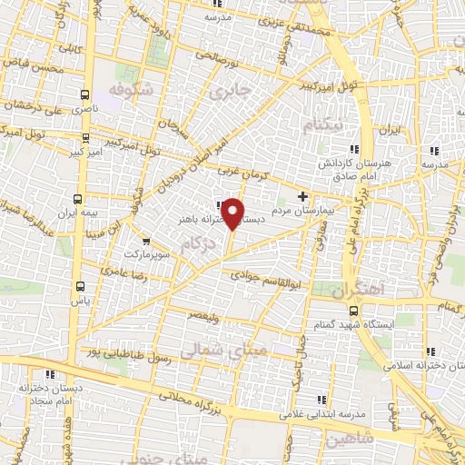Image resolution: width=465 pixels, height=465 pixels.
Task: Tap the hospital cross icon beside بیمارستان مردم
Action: (x=302, y=196)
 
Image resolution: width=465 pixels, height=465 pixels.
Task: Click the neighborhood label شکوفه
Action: (x=127, y=91)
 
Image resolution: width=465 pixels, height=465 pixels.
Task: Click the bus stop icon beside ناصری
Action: (x=85, y=94)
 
